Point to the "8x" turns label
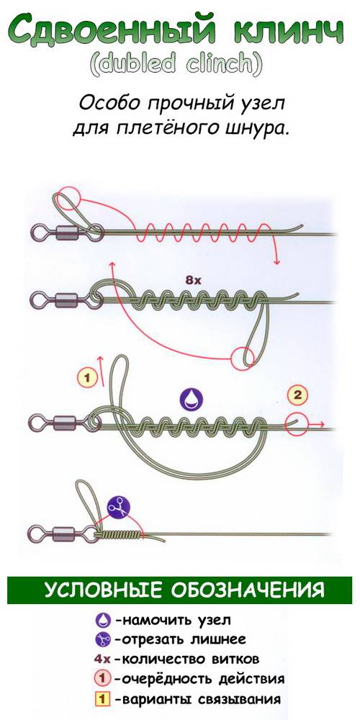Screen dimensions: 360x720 [193, 280]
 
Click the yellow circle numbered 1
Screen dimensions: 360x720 [89, 379]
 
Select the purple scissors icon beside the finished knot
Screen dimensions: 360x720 [119, 508]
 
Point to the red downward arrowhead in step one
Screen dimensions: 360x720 [276, 261]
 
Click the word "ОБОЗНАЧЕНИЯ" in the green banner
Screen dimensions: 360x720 [247, 590]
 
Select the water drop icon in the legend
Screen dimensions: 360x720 [103, 621]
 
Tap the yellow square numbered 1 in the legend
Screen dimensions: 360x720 [104, 700]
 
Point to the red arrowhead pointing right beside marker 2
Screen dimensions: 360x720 [323, 424]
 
